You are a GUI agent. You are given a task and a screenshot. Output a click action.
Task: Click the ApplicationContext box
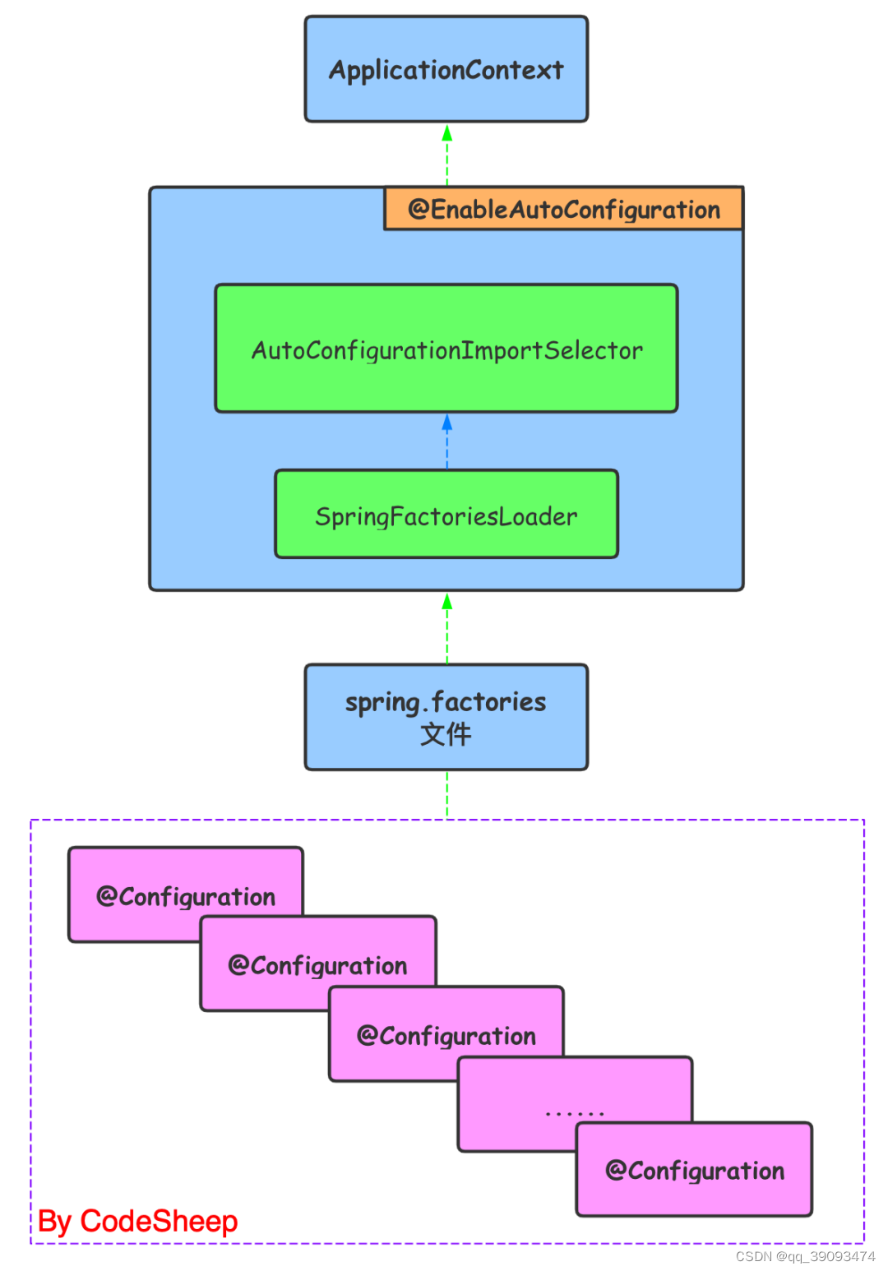[x=446, y=69]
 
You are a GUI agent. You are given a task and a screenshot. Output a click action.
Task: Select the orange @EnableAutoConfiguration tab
[x=563, y=209]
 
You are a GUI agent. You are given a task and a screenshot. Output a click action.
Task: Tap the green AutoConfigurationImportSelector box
[x=446, y=349]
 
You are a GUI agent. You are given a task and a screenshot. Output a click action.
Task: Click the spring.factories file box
[x=446, y=717]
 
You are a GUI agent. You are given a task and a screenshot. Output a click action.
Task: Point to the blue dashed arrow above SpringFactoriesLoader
[x=446, y=442]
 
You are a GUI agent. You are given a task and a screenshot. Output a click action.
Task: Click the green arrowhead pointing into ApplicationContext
[x=446, y=133]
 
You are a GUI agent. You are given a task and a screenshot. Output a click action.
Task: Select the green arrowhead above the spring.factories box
[x=446, y=603]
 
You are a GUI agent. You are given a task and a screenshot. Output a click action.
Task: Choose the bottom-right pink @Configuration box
[x=694, y=1169]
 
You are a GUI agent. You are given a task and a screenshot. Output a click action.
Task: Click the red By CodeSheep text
[x=137, y=1222]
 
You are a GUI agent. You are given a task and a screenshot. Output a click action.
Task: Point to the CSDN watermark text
[x=805, y=1256]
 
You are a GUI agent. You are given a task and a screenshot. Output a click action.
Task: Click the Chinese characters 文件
[x=446, y=734]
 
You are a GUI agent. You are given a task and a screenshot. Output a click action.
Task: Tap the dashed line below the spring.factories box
[x=446, y=794]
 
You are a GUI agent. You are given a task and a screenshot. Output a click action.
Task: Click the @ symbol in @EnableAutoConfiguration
[x=419, y=210]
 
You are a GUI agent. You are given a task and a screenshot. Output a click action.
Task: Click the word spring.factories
[x=446, y=702]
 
